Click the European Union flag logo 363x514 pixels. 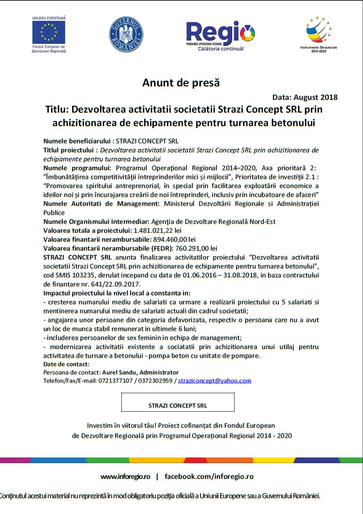(49, 31)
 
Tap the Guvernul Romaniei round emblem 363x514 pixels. (126, 34)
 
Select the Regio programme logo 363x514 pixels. (221, 35)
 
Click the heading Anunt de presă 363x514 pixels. (181, 83)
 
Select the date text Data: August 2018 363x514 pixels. (305, 97)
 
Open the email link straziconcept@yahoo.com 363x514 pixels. (214, 381)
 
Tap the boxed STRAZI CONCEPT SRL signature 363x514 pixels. (178, 405)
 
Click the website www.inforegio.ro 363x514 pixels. (125, 476)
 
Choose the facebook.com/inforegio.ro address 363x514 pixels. (209, 476)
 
